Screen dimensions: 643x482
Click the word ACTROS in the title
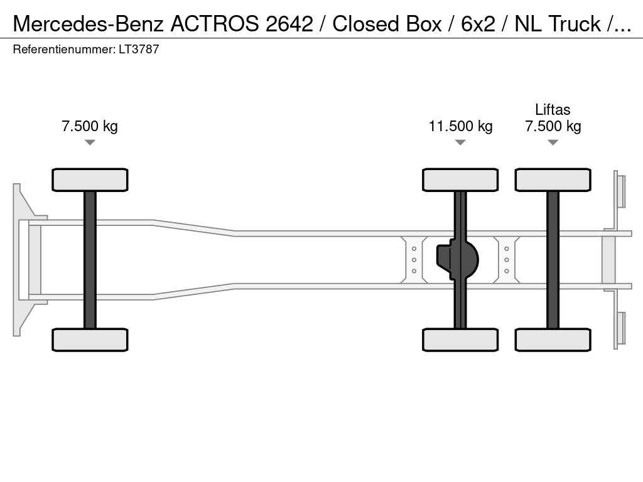point(215,24)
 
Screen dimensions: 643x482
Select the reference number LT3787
point(139,49)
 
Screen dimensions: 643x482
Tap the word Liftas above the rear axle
point(553,109)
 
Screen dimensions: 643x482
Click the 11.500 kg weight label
point(460,126)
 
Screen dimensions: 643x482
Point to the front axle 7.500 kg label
point(90,126)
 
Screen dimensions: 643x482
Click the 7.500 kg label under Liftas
point(553,126)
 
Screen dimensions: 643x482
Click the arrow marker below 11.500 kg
point(460,142)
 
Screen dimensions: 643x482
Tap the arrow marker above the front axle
point(90,142)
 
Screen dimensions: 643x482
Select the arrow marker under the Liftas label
point(553,142)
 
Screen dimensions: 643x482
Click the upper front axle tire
point(90,179)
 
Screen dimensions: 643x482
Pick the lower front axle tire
point(90,340)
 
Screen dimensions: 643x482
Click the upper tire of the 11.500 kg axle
point(460,179)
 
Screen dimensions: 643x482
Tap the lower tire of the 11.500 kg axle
point(460,340)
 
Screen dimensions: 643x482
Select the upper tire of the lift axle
point(553,179)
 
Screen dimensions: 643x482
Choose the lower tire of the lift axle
point(553,340)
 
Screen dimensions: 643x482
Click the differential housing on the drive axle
point(458,260)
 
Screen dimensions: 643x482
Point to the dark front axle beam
point(90,260)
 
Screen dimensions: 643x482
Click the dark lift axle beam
point(553,260)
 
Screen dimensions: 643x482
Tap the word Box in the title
point(424,24)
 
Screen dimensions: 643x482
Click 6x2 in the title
point(478,24)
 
